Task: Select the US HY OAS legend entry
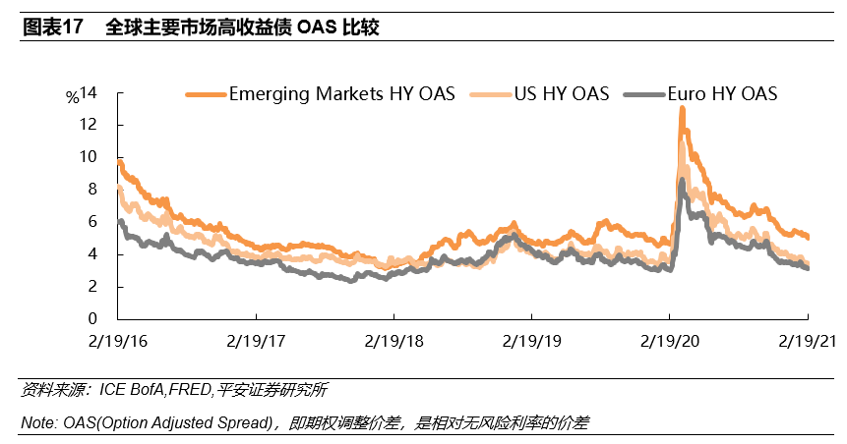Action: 562,94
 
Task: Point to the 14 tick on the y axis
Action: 89,92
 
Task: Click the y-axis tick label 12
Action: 89,125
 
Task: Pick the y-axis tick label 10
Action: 89,157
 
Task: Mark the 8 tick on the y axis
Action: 91,190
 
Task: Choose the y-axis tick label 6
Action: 91,222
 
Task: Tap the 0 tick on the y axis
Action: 91,319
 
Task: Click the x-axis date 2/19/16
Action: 117,342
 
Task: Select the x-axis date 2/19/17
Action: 256,342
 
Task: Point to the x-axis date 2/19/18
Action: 393,342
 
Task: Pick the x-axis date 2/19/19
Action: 531,342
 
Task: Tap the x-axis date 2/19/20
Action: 669,342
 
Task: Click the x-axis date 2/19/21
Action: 807,342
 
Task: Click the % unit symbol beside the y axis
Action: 72,97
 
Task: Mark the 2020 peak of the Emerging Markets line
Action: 681,109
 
